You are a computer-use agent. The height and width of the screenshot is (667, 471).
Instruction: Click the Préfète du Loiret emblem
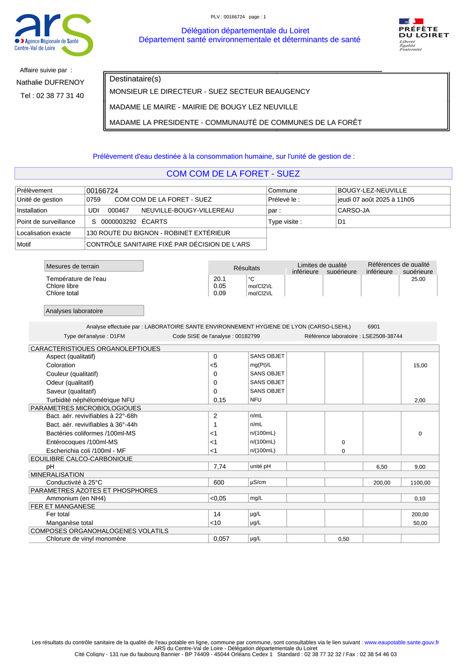click(423, 35)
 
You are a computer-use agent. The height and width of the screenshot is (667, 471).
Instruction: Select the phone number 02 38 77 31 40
click(52, 96)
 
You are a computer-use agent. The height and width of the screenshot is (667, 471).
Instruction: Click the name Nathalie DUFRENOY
click(50, 82)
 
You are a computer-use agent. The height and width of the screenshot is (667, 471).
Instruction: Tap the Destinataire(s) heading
click(135, 79)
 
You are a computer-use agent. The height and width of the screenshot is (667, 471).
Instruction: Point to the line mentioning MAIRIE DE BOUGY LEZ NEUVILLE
click(204, 107)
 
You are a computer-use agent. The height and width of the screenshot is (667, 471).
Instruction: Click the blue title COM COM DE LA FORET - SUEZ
click(233, 173)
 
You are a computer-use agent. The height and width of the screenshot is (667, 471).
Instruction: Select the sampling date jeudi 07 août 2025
click(376, 200)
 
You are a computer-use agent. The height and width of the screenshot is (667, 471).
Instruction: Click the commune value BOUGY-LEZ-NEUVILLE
click(372, 191)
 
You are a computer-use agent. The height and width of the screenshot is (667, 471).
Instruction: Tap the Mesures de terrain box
click(94, 266)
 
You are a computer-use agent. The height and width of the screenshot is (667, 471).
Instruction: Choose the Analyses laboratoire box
click(94, 311)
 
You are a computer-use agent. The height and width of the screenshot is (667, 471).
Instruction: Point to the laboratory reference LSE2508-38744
click(382, 336)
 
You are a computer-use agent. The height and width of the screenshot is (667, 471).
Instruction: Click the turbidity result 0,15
click(220, 400)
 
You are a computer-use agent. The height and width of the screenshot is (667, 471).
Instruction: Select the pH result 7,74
click(220, 467)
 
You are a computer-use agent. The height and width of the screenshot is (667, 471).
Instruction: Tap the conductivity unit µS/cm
click(259, 482)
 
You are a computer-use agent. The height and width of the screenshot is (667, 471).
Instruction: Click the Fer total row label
click(58, 515)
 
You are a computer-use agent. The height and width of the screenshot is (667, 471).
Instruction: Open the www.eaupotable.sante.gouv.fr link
click(401, 642)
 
